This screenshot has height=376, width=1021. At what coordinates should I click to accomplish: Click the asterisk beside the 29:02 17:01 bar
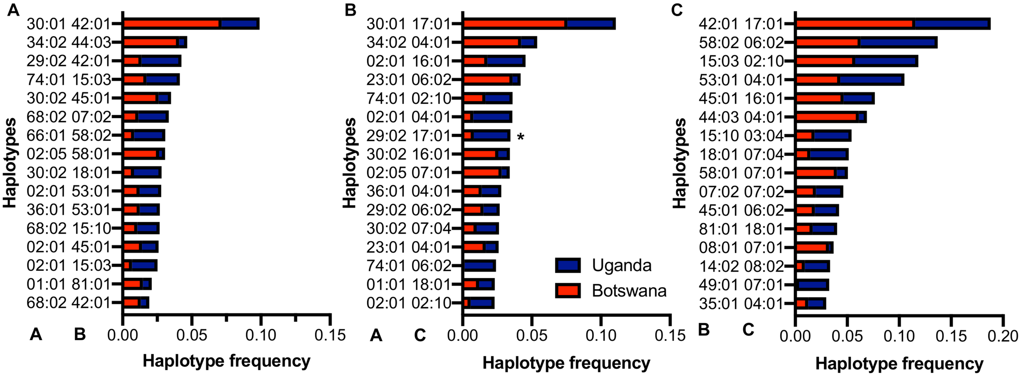pos(520,137)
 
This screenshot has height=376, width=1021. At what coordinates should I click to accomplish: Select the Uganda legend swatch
pos(568,265)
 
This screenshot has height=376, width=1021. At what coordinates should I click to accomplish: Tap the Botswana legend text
pos(629,291)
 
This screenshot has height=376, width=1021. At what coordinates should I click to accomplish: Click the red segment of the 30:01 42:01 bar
pos(172,24)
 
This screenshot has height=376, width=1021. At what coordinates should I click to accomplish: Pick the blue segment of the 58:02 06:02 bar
pos(897,42)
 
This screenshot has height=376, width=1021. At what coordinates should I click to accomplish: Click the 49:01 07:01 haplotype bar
pos(812,285)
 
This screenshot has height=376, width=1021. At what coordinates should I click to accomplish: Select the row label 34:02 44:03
pos(69,42)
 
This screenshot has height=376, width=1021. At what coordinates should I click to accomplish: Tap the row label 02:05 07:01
pos(408,173)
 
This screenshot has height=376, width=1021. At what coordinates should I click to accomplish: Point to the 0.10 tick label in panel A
pos(261,335)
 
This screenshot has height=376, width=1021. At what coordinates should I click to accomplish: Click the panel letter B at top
pos(350,10)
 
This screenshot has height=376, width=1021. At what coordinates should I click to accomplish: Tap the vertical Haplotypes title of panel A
pos(10,163)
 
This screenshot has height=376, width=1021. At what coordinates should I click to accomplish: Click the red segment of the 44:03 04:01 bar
pos(826,117)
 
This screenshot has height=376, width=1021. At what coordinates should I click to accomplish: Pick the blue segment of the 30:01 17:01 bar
pos(590,24)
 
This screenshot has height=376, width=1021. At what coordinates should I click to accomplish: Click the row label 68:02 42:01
pos(69,303)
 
